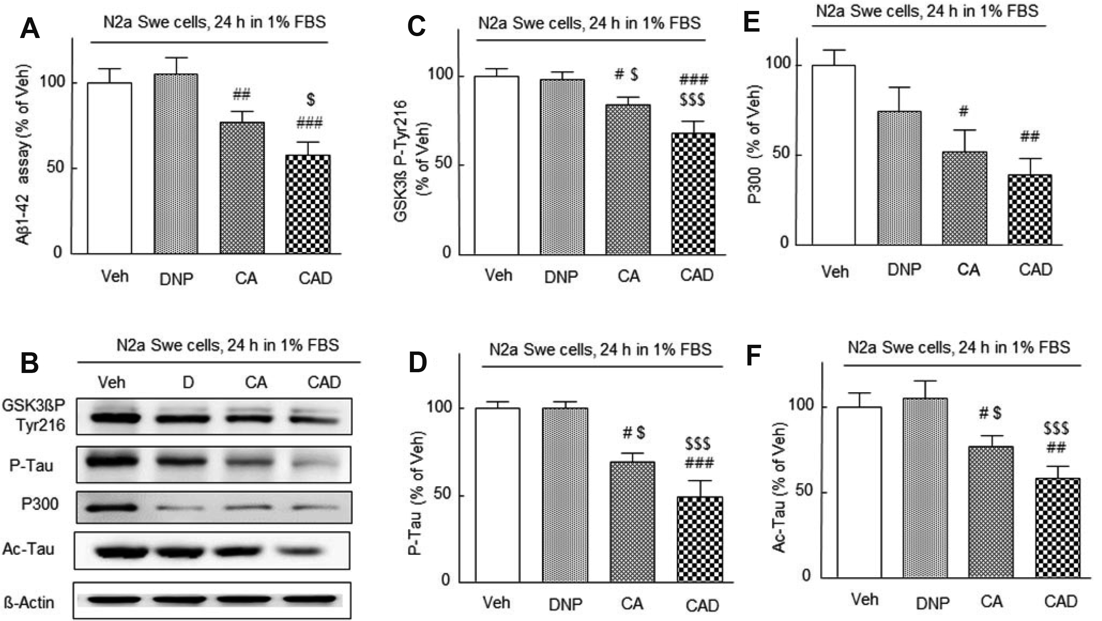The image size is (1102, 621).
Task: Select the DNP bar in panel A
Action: click(176, 164)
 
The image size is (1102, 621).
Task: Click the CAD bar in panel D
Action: click(700, 539)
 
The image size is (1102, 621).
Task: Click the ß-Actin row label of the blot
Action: click(29, 603)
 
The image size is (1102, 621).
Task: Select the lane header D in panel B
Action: click(188, 382)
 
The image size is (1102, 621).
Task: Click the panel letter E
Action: click(752, 23)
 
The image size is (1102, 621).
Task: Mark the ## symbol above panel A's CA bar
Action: click(242, 94)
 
